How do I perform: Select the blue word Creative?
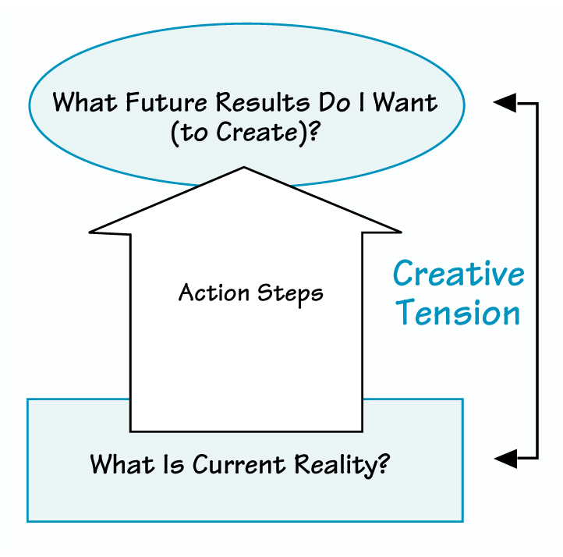coord(459,274)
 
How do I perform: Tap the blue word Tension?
coord(458,313)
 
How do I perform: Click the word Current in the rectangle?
coord(239,465)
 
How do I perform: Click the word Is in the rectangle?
coord(173,465)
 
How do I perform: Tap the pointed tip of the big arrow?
coord(245,169)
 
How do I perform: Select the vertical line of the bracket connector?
coord(537,281)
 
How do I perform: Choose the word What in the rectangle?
coord(122,465)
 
